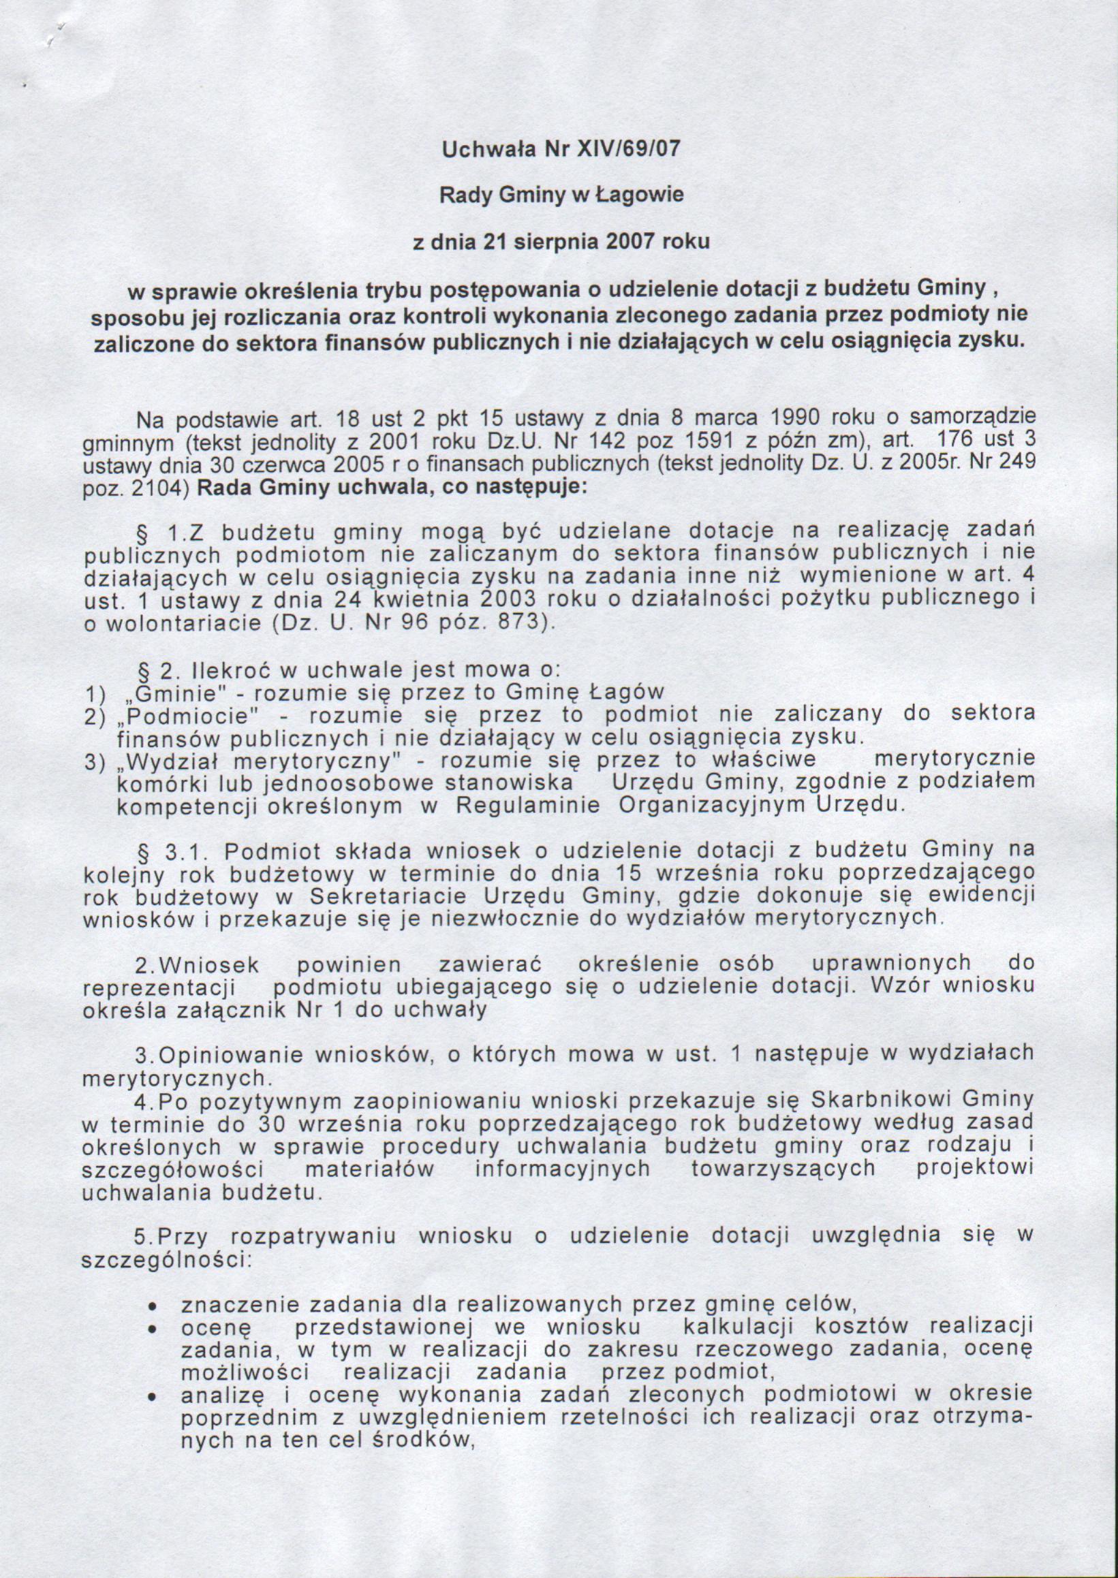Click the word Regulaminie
point(528,806)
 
